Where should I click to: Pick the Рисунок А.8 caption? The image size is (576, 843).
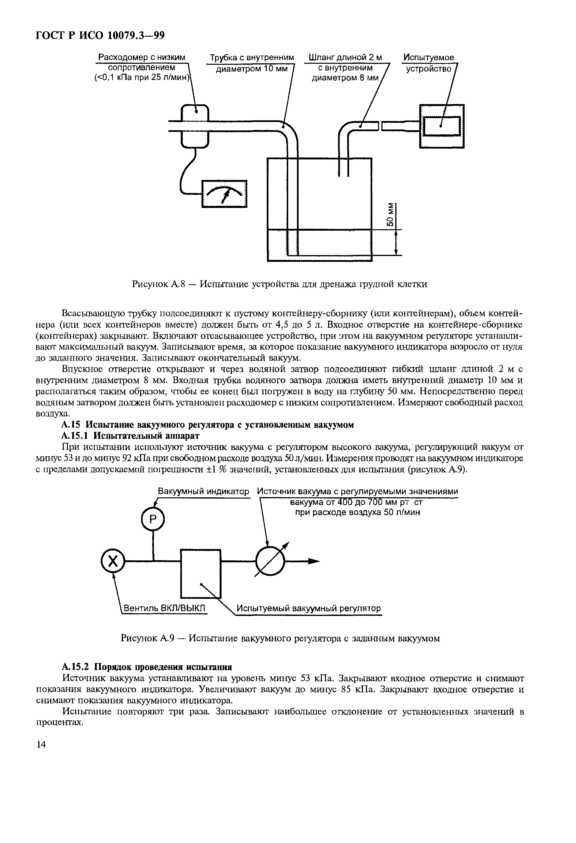279,284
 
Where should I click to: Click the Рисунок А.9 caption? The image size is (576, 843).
280,638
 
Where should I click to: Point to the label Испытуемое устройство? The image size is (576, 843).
429,63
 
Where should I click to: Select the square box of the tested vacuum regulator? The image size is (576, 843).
201,573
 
